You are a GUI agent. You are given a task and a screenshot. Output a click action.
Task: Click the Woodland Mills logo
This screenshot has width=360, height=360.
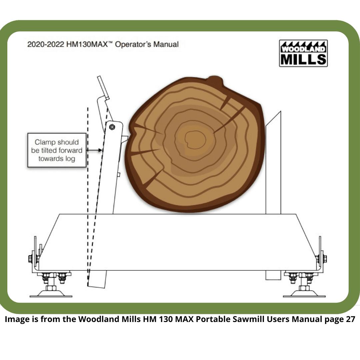tap(303, 53)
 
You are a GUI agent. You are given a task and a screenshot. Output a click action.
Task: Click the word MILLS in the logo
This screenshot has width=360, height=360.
tap(303, 59)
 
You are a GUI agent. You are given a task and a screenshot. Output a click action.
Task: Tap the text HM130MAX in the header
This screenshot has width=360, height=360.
tap(87, 44)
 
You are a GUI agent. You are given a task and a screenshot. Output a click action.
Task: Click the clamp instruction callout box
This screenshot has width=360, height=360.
tap(57, 150)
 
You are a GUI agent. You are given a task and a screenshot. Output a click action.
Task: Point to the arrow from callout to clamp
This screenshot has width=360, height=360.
tap(94, 150)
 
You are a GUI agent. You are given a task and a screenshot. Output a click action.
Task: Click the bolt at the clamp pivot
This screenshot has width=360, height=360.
tap(112, 127)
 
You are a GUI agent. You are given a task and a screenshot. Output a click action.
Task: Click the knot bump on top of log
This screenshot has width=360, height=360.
tap(215, 81)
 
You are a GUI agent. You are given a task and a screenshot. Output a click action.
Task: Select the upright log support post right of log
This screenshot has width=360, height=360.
tap(273, 163)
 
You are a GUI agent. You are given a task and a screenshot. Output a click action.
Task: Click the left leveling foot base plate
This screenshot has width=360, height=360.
tap(51, 294)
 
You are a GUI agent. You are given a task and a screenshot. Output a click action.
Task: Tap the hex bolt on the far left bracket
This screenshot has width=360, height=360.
tap(31, 259)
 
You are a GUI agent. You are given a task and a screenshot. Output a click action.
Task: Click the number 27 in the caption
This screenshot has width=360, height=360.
tap(350, 319)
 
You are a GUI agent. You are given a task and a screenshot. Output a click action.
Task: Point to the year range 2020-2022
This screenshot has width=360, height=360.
tap(45, 44)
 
